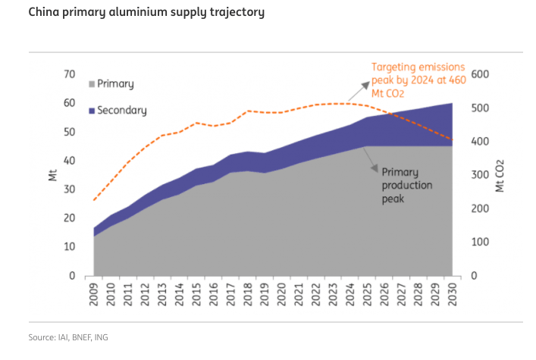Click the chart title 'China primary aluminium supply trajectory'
tap(136, 13)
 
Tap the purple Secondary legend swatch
tap(92, 111)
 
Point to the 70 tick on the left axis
tap(70, 74)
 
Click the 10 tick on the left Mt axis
tap(70, 247)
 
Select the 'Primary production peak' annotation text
tap(407, 185)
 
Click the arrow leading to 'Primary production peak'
tap(371, 155)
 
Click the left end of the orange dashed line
tap(94, 200)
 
